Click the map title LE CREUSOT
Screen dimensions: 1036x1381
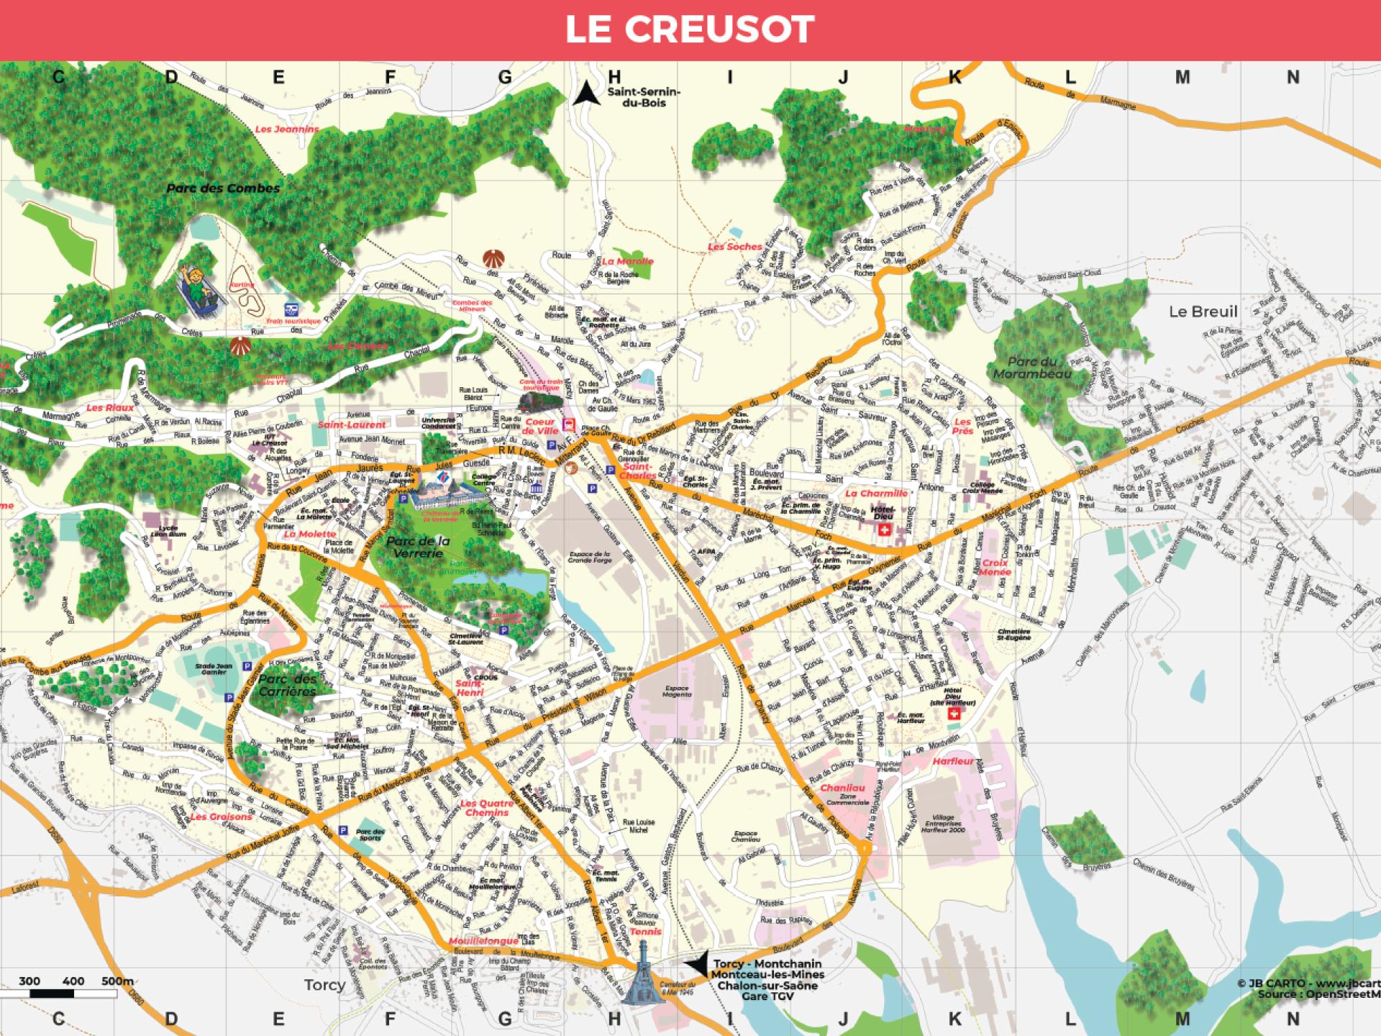(x=689, y=29)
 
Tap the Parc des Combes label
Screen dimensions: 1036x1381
(x=223, y=188)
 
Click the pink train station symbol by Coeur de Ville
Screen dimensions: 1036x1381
(x=570, y=424)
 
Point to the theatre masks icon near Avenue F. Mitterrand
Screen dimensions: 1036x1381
(x=572, y=468)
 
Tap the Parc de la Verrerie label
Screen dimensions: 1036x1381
(x=418, y=547)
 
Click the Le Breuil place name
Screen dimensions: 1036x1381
(x=1203, y=312)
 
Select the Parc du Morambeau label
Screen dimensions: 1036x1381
(x=1032, y=368)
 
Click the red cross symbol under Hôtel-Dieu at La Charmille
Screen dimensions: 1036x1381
(x=884, y=530)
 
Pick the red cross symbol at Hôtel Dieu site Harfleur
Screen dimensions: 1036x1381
(x=955, y=713)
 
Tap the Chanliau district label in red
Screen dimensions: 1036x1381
(x=842, y=788)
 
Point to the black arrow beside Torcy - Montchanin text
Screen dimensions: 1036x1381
(x=696, y=965)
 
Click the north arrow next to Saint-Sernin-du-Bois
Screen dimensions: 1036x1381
(x=586, y=93)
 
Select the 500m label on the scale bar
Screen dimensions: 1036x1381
(x=117, y=981)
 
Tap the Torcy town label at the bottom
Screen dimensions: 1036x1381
(x=324, y=985)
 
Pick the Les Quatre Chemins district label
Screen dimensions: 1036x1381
(x=487, y=808)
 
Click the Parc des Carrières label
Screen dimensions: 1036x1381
(x=287, y=685)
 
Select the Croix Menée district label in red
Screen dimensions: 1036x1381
(x=995, y=568)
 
